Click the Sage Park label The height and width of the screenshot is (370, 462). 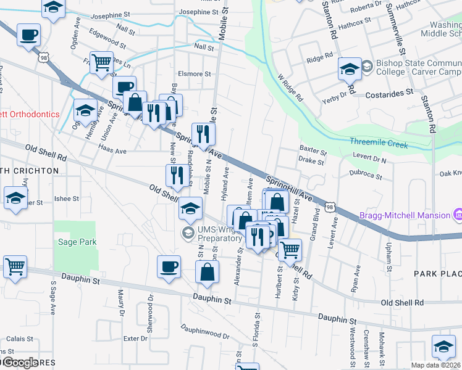[x=77, y=242]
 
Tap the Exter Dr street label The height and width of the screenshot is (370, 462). [x=132, y=339]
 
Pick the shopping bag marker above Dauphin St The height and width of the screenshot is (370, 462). [x=208, y=271]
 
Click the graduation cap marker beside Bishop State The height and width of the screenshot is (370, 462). [x=350, y=69]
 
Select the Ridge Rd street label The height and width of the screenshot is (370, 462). [x=320, y=60]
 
